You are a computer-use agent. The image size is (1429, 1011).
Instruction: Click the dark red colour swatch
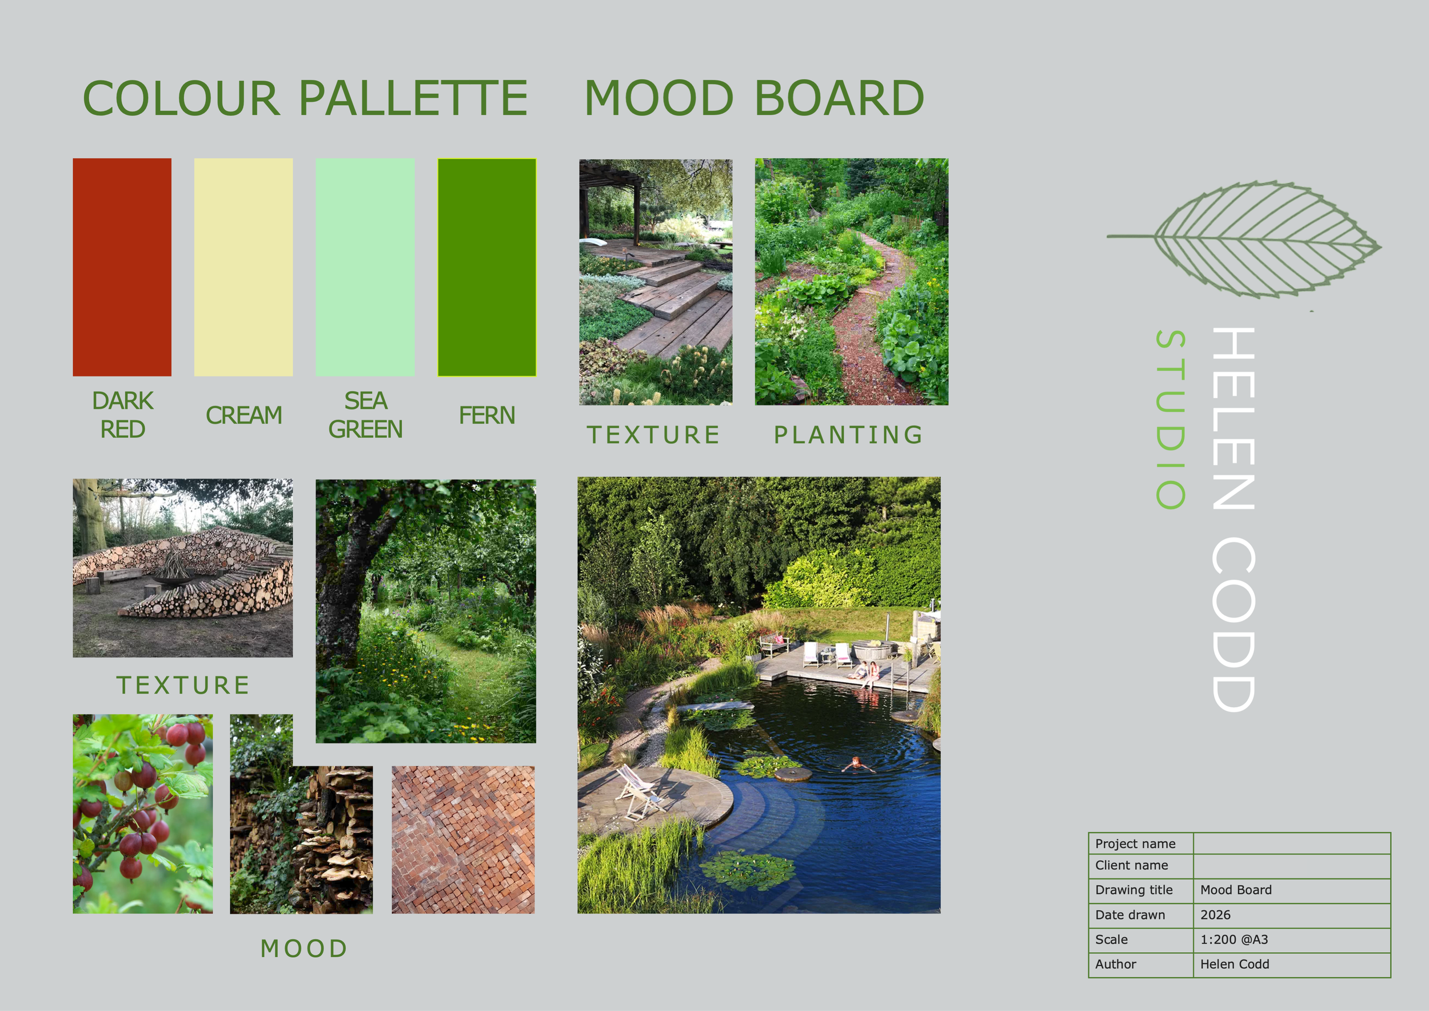tap(122, 266)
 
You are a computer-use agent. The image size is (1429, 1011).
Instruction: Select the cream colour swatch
tap(244, 266)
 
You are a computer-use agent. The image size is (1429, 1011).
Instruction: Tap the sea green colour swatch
tap(365, 266)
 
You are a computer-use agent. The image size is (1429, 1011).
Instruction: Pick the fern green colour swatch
tap(486, 266)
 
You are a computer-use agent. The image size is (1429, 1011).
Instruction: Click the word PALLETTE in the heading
tap(413, 98)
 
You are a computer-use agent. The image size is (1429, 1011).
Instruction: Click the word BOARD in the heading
tap(839, 98)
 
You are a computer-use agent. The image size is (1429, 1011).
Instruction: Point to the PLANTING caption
tap(848, 435)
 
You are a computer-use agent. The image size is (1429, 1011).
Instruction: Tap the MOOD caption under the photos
tap(304, 949)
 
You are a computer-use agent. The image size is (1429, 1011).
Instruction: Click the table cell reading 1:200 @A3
tap(1234, 940)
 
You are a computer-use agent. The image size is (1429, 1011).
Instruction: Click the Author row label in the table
tap(1115, 964)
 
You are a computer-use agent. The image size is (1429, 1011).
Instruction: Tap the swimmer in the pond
tap(857, 764)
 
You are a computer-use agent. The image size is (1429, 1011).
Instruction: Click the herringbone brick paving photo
tap(463, 839)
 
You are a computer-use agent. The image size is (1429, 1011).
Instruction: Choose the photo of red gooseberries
tap(142, 814)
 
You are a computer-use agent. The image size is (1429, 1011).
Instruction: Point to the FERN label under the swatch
tap(486, 415)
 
